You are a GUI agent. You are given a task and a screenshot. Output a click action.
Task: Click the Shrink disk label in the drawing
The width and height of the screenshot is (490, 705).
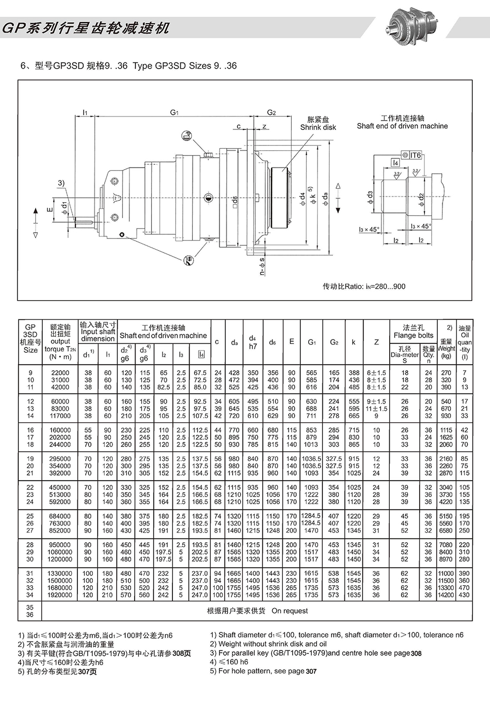(318, 127)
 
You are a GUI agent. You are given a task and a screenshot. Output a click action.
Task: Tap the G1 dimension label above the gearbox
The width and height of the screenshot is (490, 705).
(174, 113)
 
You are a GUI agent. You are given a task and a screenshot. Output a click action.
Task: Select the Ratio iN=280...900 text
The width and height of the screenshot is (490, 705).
(364, 286)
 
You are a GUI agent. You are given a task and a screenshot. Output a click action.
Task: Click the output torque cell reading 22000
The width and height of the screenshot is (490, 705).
(60, 373)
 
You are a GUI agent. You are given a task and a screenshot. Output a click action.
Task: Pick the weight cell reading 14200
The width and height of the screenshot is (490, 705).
(445, 595)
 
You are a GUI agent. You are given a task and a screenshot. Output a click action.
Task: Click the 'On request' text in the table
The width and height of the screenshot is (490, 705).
(290, 611)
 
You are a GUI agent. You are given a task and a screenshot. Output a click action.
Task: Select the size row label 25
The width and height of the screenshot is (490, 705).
(30, 516)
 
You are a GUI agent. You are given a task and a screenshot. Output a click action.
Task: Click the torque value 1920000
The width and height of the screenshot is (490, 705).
(60, 595)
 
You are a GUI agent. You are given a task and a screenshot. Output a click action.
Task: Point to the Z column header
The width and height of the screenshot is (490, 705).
(376, 342)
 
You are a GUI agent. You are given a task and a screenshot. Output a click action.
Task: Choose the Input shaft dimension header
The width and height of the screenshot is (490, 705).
(98, 332)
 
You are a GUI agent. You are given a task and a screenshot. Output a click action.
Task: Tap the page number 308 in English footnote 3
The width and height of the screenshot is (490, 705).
(416, 653)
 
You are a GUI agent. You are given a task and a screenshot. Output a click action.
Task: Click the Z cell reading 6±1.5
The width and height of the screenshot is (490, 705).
(376, 373)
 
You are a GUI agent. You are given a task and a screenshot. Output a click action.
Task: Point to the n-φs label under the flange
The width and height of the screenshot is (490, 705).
(262, 266)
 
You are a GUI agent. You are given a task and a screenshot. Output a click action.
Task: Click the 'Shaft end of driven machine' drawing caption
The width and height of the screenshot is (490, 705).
(402, 126)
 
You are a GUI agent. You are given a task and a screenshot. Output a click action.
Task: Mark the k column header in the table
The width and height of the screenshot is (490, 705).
(354, 342)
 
